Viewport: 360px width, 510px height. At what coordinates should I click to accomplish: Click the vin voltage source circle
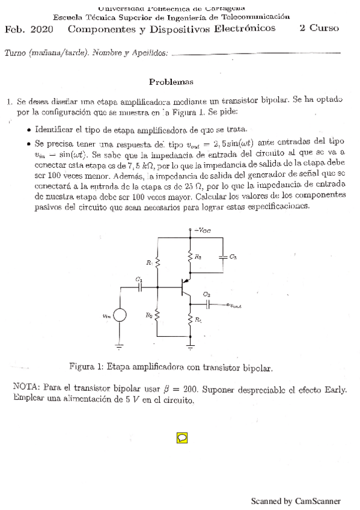119,315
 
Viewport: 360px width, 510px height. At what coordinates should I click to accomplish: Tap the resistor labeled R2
157,315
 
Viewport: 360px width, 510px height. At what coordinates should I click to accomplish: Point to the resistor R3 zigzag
191,257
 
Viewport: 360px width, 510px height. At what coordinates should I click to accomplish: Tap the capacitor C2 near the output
207,304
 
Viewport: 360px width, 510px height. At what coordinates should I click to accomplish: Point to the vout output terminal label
240,306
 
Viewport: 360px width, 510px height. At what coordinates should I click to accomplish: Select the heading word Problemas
171,82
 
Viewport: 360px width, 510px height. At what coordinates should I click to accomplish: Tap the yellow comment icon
182,437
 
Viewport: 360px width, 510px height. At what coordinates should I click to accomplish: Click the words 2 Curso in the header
319,28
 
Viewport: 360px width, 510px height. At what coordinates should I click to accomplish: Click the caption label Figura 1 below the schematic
86,366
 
